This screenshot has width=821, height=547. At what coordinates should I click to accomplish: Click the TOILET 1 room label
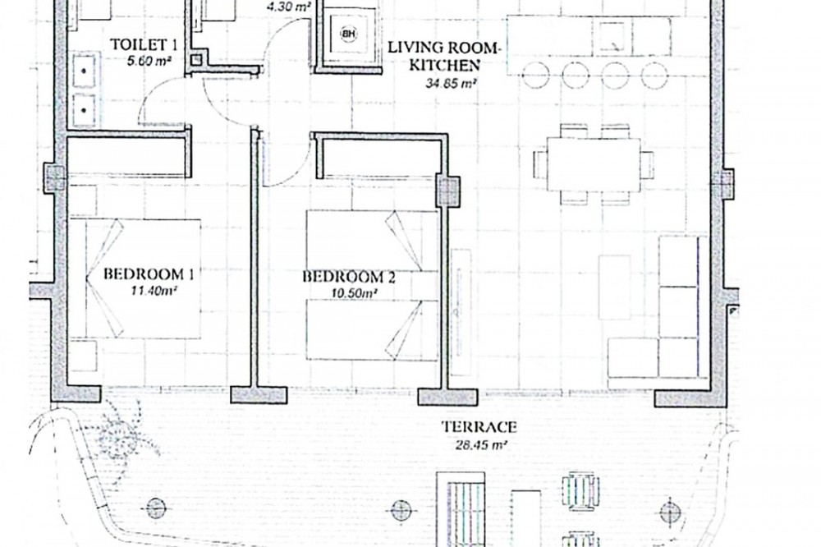coord(144,45)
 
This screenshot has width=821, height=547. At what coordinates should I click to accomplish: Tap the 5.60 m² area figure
coord(149,62)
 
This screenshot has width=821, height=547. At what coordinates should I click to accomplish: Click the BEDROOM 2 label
coord(349,277)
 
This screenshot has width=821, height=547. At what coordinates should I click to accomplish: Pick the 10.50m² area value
coord(355,294)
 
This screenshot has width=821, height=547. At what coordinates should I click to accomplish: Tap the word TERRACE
coord(479,427)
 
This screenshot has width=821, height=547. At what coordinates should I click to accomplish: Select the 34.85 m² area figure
coord(450,83)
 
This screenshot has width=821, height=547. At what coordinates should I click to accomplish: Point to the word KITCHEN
coord(444,66)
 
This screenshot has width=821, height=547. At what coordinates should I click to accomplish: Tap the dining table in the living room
coord(594,164)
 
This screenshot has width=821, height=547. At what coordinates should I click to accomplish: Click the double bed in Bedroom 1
coord(135,278)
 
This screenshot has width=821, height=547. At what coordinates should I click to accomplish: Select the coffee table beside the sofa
coord(614,287)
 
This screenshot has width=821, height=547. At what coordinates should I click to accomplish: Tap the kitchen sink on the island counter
coord(612,37)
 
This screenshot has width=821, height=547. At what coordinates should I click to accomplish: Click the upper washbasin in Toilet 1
coord(84,70)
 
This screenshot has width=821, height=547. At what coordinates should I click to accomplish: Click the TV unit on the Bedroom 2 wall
coord(461,312)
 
